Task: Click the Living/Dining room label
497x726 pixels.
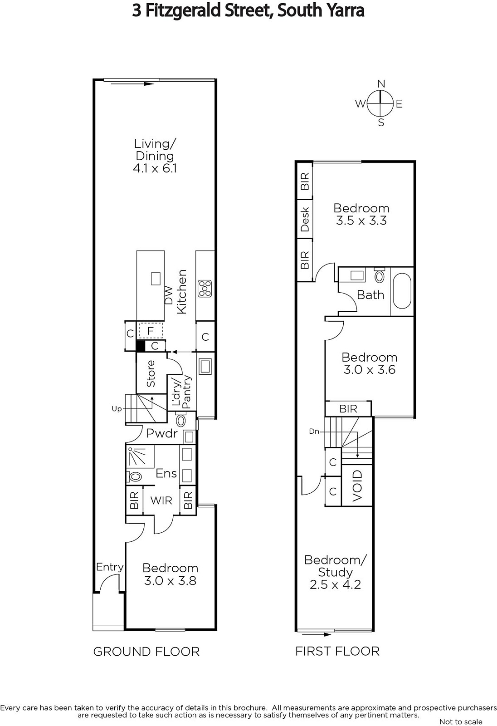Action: (155, 156)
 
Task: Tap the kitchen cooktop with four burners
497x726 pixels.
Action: (205, 289)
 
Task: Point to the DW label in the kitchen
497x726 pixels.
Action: (168, 295)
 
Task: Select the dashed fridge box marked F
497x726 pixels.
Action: (151, 331)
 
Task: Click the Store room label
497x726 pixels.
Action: (151, 373)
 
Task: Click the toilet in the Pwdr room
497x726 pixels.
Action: (180, 420)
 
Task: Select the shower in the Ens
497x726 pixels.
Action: (140, 456)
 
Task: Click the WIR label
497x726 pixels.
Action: (161, 500)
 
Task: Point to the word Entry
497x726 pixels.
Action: (110, 567)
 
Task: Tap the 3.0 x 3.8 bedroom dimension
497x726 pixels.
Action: (170, 580)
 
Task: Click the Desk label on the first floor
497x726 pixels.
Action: (305, 220)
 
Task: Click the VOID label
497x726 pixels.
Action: (357, 486)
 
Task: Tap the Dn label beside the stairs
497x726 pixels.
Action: (314, 432)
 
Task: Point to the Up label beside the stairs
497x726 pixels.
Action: (117, 409)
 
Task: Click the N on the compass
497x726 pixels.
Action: (381, 84)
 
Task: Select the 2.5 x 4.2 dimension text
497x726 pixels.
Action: (335, 584)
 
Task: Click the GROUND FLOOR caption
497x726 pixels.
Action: (146, 652)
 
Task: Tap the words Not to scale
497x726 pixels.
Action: (461, 722)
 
